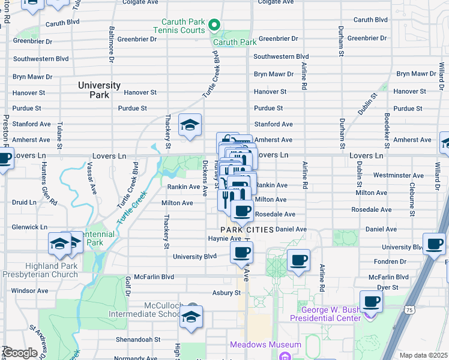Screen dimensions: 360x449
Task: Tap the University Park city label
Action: (x=99, y=90)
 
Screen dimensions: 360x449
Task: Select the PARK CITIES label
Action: (x=247, y=230)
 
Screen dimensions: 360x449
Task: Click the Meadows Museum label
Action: (x=265, y=344)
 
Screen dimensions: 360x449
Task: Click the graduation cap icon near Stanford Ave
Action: (x=190, y=125)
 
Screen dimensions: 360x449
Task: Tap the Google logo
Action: (x=20, y=353)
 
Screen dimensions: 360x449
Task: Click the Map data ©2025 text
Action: (x=423, y=355)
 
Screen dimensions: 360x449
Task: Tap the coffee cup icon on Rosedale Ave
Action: (x=242, y=211)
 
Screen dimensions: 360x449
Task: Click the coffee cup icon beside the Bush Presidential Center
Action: (x=371, y=301)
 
